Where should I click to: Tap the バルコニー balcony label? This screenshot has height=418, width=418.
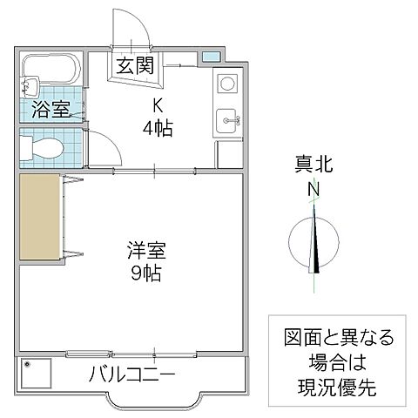133,375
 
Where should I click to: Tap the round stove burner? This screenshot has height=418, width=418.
226,84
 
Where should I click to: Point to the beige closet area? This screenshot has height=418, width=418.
40,219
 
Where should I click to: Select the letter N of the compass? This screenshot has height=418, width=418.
313,188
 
